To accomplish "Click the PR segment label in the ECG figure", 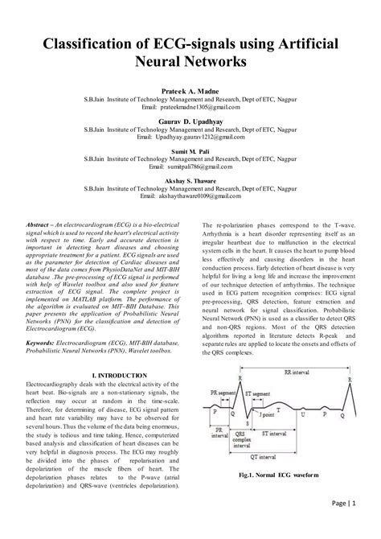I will [227, 392].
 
